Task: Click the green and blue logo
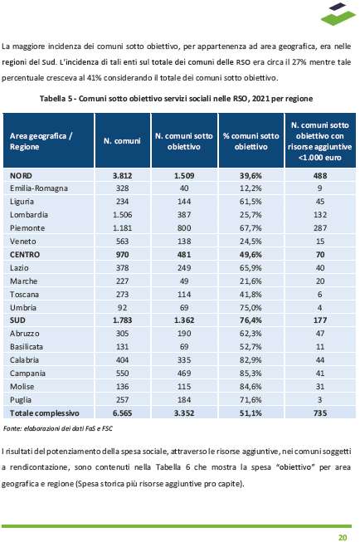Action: (338, 14)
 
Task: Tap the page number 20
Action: (343, 537)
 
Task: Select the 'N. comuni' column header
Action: (122, 141)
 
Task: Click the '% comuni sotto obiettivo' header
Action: (251, 141)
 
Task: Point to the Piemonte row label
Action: (27, 228)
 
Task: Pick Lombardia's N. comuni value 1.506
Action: (122, 215)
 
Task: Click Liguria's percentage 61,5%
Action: (251, 202)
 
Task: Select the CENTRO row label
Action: (25, 255)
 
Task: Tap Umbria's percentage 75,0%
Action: (251, 308)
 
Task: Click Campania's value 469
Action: (184, 374)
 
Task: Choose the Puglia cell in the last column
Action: (320, 400)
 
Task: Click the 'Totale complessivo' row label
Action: (45, 413)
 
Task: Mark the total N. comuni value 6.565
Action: (122, 413)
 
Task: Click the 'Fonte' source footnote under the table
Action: (58, 428)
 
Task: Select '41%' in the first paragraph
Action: (94, 78)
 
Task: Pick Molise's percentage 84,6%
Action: (251, 387)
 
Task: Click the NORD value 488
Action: (320, 176)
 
